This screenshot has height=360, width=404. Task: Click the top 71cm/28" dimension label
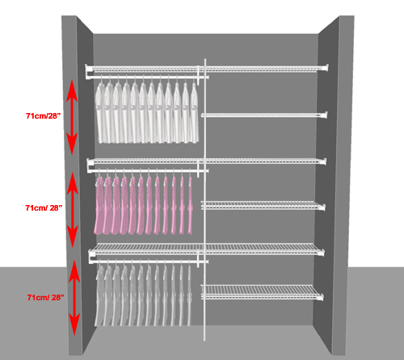point(43,116)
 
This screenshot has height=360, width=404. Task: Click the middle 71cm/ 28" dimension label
point(44,207)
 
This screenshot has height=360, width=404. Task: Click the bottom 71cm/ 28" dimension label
point(45,297)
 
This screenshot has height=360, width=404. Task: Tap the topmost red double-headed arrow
point(72,117)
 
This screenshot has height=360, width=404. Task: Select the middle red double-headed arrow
point(73,209)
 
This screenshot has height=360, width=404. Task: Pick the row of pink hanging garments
point(144,205)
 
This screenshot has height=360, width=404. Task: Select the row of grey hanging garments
point(144,295)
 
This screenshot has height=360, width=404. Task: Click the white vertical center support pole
point(205,199)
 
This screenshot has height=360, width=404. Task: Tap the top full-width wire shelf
point(207,69)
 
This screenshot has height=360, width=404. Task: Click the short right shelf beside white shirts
point(264,115)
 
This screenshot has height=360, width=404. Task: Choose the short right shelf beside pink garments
point(263,206)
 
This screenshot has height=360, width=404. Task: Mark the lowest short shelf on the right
point(262,292)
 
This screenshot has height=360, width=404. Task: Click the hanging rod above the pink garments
point(148,171)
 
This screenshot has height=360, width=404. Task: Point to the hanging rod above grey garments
point(149,262)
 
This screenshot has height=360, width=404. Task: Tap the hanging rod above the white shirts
point(147,77)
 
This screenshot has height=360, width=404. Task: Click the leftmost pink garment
point(99,205)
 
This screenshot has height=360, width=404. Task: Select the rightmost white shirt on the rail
point(195,112)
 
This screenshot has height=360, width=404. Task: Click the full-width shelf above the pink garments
point(207,161)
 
